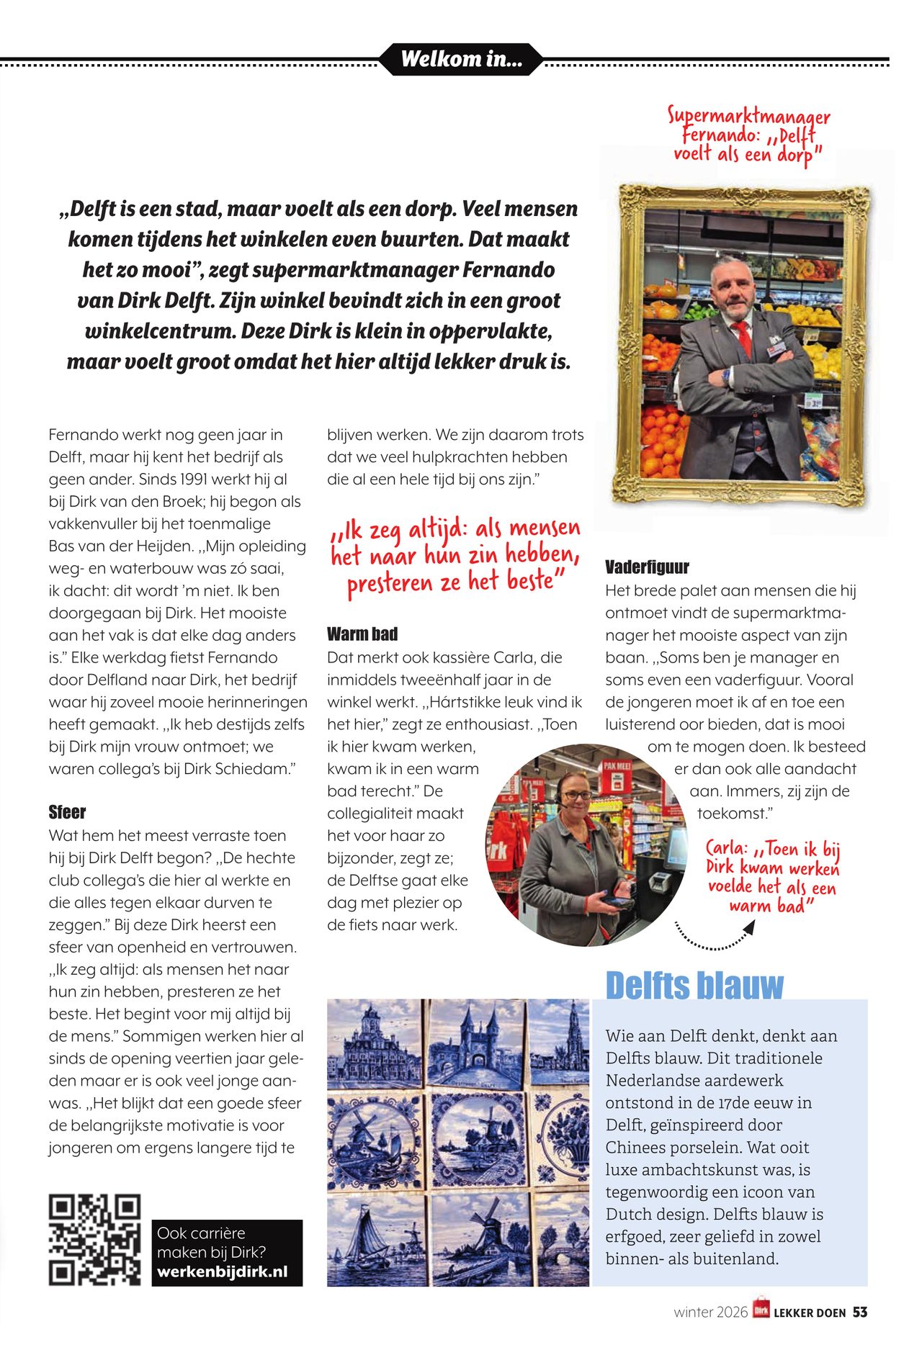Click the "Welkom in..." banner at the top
click(461, 59)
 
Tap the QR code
click(94, 1240)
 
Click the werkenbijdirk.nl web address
click(222, 1272)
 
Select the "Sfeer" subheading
click(67, 812)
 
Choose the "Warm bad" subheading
click(362, 634)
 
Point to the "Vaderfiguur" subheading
click(647, 567)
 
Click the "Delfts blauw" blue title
click(694, 985)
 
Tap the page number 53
click(860, 1313)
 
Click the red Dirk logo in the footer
click(761, 1310)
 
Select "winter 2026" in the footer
click(710, 1313)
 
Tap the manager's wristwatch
click(726, 376)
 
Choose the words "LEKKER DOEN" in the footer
click(810, 1313)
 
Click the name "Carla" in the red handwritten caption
click(727, 849)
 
